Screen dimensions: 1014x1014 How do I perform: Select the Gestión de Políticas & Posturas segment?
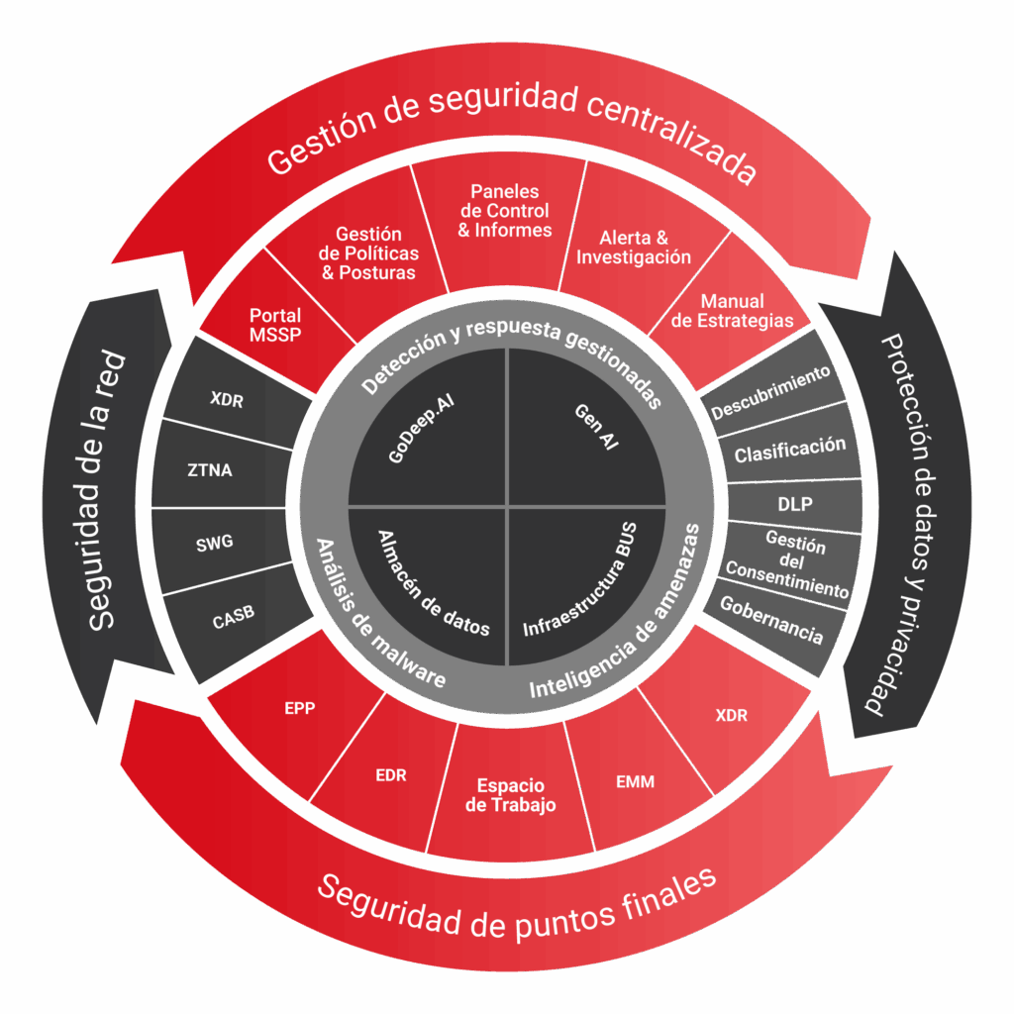point(368,253)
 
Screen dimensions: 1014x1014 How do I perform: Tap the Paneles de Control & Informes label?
point(505,210)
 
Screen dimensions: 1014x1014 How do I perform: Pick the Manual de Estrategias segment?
point(733,310)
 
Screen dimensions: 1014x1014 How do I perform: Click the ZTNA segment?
point(211,470)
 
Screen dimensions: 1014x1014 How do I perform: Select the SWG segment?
point(214,543)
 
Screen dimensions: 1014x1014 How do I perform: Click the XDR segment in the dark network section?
point(227,400)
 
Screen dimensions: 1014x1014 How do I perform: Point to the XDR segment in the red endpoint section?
point(731,715)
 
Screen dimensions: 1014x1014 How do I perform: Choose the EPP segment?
point(299,708)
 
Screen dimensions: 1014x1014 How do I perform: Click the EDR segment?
point(391,775)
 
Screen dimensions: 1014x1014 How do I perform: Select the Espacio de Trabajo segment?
point(510,795)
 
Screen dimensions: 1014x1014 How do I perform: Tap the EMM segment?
point(635,782)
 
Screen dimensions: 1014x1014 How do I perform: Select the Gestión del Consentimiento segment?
point(788,562)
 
